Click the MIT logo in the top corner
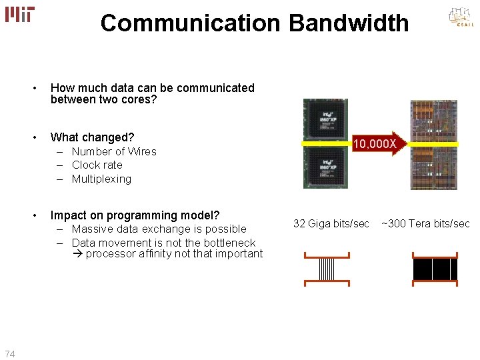pyautogui.click(x=19, y=14)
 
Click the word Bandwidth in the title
pyautogui.click(x=348, y=23)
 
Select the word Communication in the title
pyautogui.click(x=191, y=23)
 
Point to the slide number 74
pyautogui.click(x=9, y=354)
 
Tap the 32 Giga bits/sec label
pyautogui.click(x=331, y=224)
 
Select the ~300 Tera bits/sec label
pyautogui.click(x=425, y=224)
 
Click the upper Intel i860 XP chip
pyautogui.click(x=325, y=121)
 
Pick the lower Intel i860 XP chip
pyautogui.click(x=325, y=167)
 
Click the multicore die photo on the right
pyautogui.click(x=433, y=145)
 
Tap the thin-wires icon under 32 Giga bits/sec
pyautogui.click(x=327, y=269)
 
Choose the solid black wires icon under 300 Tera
pyautogui.click(x=435, y=269)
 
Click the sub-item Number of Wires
pyautogui.click(x=114, y=152)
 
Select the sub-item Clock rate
pyautogui.click(x=97, y=165)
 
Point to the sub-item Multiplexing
pyautogui.click(x=101, y=179)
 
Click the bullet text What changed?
pyautogui.click(x=92, y=137)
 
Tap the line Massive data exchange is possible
pyautogui.click(x=159, y=229)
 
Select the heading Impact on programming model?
pyautogui.click(x=135, y=215)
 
